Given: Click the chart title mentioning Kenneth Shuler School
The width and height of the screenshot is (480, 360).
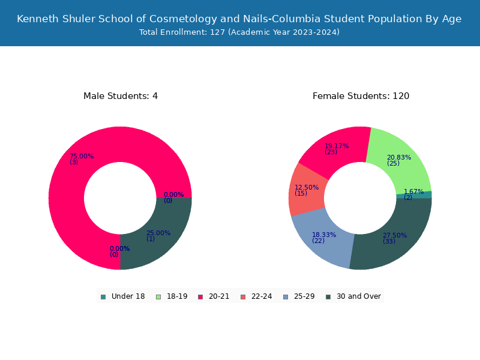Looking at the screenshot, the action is click(239, 19).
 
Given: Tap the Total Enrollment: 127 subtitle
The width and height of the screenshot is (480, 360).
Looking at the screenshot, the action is click(239, 32).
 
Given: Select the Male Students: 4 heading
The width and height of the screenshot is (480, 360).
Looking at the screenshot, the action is click(121, 96).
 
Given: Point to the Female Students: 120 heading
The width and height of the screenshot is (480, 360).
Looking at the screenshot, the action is click(361, 96).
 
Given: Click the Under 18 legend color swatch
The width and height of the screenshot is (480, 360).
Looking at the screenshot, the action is click(103, 297).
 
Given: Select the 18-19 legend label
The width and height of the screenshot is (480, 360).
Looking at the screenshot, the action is click(177, 296).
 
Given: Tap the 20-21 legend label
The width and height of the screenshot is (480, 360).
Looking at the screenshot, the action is click(219, 296).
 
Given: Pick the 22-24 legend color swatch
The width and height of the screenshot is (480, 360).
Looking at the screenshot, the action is click(243, 297).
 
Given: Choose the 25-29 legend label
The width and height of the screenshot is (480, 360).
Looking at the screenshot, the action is click(304, 296).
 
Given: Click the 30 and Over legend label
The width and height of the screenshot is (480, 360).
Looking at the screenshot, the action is click(359, 296).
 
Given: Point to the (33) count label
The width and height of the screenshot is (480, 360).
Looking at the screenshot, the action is click(389, 241).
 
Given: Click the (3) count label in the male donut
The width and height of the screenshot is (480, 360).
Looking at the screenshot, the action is click(74, 162).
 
